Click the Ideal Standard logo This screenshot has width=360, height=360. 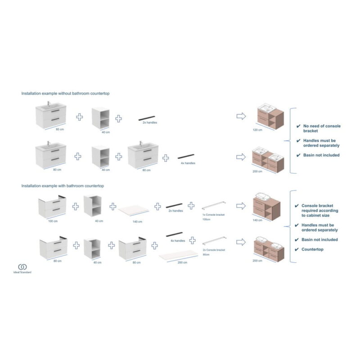pos(22,269)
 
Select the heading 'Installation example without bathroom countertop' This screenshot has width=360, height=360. pos(65,94)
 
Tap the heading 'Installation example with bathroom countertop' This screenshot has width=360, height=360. pos(63,186)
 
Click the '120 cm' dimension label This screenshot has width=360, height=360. pos(257,130)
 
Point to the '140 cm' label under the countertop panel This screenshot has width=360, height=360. pos(137,221)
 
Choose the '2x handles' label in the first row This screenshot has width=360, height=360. pos(150,122)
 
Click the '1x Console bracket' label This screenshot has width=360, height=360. pos(213,215)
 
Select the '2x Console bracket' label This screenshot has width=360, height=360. pos(214,250)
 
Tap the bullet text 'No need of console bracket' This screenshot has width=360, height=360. pos(322,128)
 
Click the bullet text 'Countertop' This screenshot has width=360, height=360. pos(312,249)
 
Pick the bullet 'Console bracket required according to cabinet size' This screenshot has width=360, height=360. pos(320,211)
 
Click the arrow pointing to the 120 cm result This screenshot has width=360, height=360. pos(241,116)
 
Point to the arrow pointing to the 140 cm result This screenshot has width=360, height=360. pos(241,206)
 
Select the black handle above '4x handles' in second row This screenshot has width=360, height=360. pos(186,156)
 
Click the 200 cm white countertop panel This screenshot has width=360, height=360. pos(178,255)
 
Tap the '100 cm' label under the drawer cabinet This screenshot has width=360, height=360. pos(53,221)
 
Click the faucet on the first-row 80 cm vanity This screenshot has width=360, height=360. pos(49,103)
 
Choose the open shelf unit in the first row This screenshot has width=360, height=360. pos(100,118)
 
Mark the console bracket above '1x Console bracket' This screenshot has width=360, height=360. pos(214,205)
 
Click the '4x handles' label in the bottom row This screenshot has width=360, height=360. pos(178,241)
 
